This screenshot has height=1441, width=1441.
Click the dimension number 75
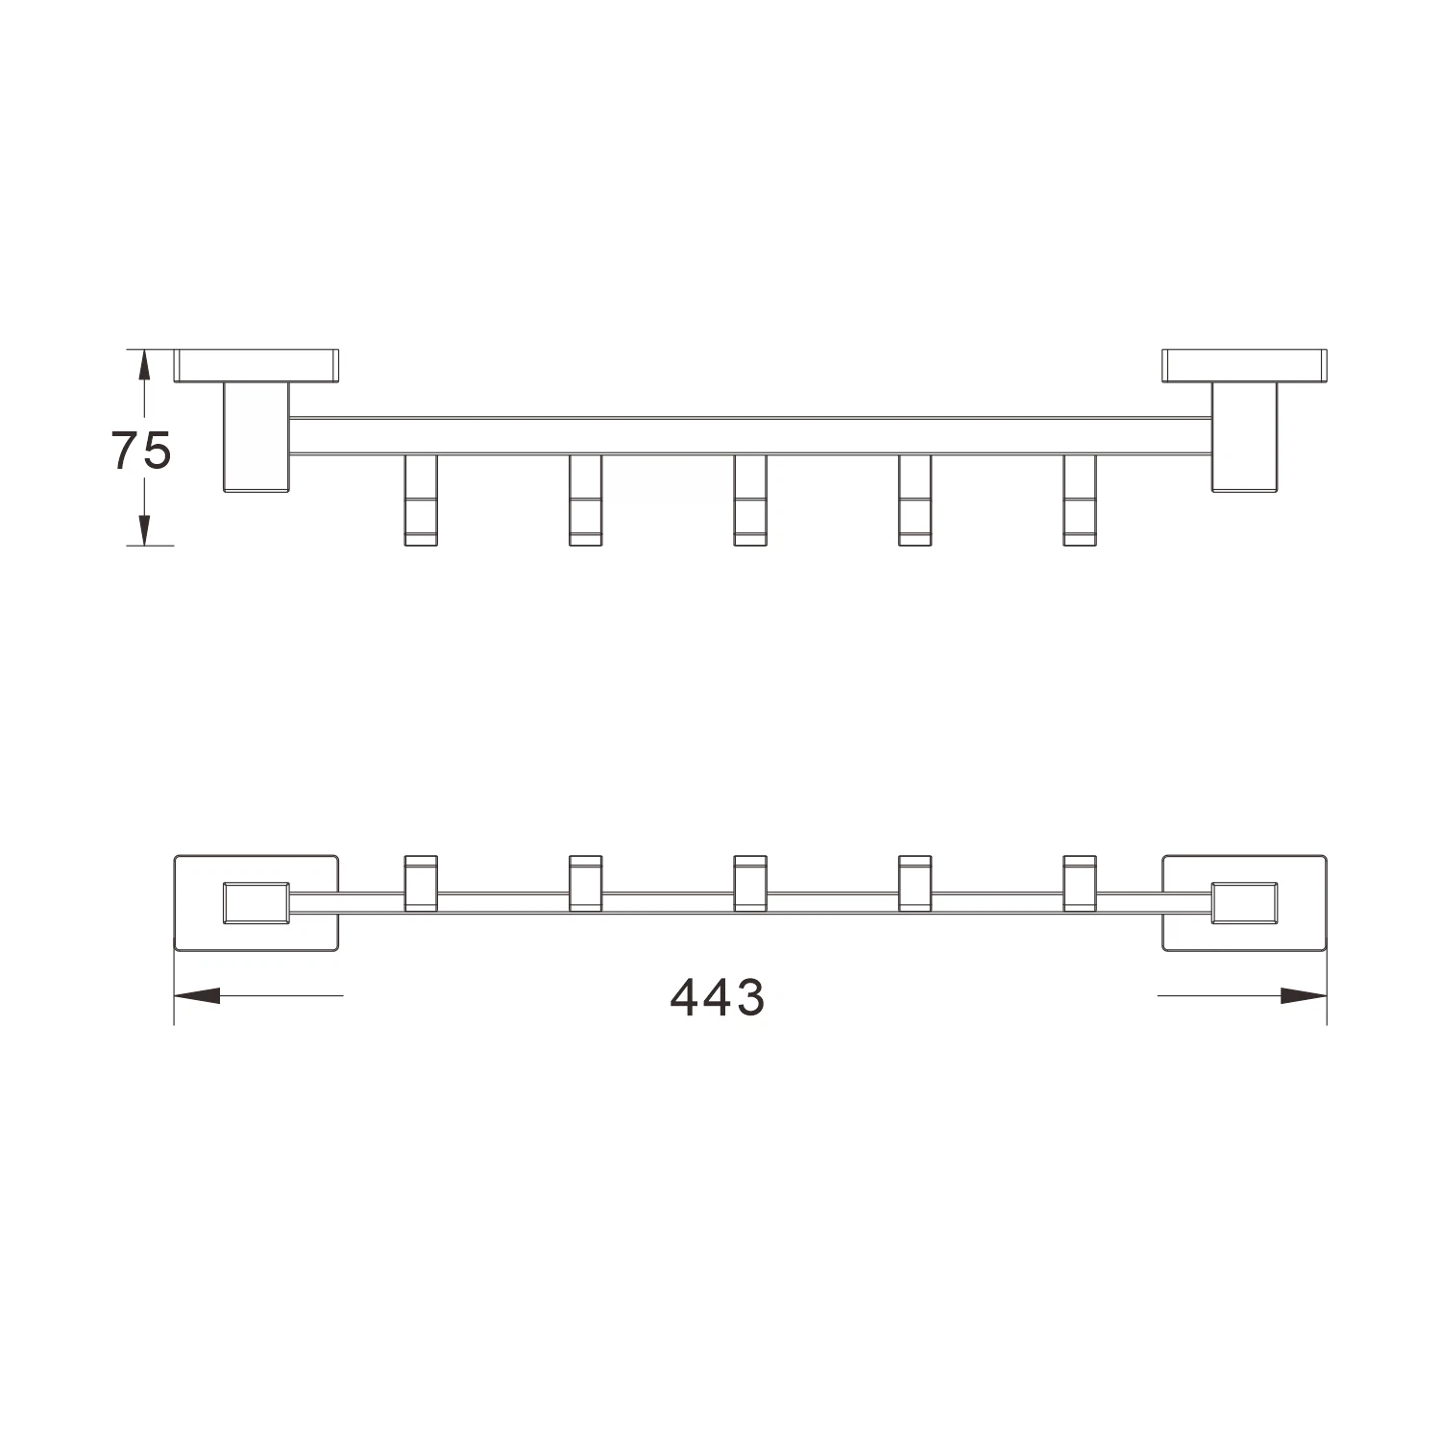(x=142, y=450)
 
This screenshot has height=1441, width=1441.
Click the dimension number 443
(x=718, y=997)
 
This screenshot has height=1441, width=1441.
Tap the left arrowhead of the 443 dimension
(x=196, y=996)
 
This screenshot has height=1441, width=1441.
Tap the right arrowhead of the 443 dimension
(x=1304, y=996)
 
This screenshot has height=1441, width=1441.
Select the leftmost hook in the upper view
(x=421, y=500)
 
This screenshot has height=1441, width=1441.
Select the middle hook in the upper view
(x=750, y=500)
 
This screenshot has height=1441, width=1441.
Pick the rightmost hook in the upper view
(x=1080, y=500)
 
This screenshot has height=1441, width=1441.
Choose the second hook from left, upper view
(x=585, y=500)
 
